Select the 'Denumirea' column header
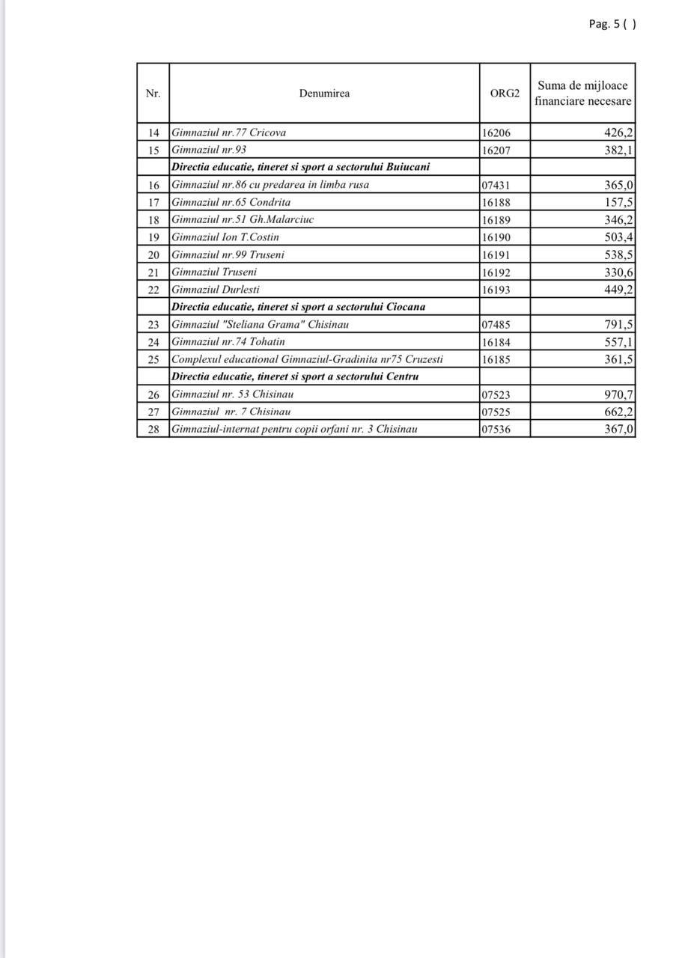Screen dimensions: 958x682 coord(324,94)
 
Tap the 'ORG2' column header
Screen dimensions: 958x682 coord(505,94)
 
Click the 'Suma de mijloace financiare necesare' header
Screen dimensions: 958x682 coord(582,94)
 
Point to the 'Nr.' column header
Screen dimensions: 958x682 coord(153,94)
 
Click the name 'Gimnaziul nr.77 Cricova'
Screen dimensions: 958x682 coord(229,132)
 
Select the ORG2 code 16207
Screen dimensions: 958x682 coord(496,150)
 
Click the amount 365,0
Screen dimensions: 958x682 coord(619,185)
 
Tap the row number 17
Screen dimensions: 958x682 coord(153,202)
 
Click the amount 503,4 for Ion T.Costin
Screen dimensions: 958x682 coord(619,237)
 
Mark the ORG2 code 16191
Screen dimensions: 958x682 coord(496,254)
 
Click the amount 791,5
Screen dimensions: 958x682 coord(619,325)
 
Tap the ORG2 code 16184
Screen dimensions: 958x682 coord(496,342)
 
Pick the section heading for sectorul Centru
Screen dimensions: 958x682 coord(295,376)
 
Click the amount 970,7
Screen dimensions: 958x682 coord(619,394)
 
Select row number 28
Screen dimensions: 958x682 coord(153,430)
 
